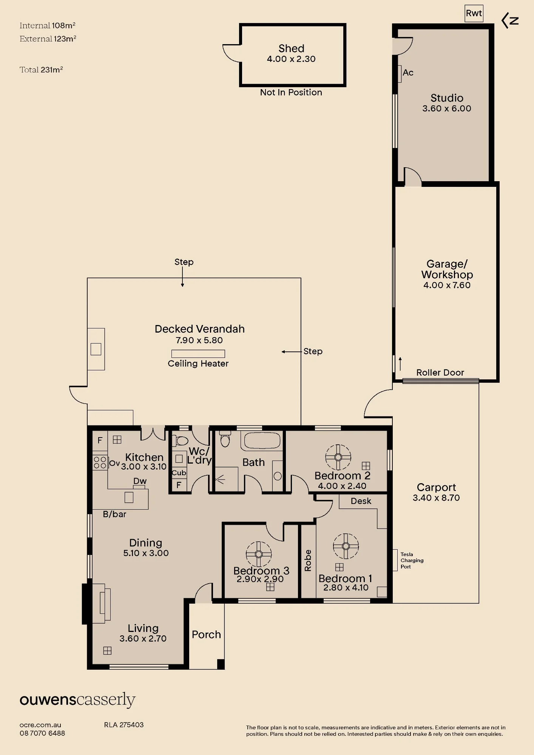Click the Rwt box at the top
point(474,13)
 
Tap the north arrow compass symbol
point(510,21)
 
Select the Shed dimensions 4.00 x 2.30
point(291,59)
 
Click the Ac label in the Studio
point(408,72)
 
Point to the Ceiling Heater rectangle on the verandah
point(198,354)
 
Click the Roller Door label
point(440,373)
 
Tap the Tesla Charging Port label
point(412,561)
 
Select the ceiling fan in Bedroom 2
point(338,457)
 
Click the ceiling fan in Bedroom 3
point(259,554)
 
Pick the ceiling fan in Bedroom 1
point(346,546)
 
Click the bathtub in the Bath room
point(262,441)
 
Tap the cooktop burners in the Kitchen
point(100,462)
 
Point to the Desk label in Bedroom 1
point(361,501)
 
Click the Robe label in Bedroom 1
point(308,561)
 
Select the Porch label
point(206,635)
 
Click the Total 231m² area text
point(41,69)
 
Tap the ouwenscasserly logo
point(77,700)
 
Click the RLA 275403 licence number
point(124,725)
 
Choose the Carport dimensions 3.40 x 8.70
point(436,498)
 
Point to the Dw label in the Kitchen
point(140,481)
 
